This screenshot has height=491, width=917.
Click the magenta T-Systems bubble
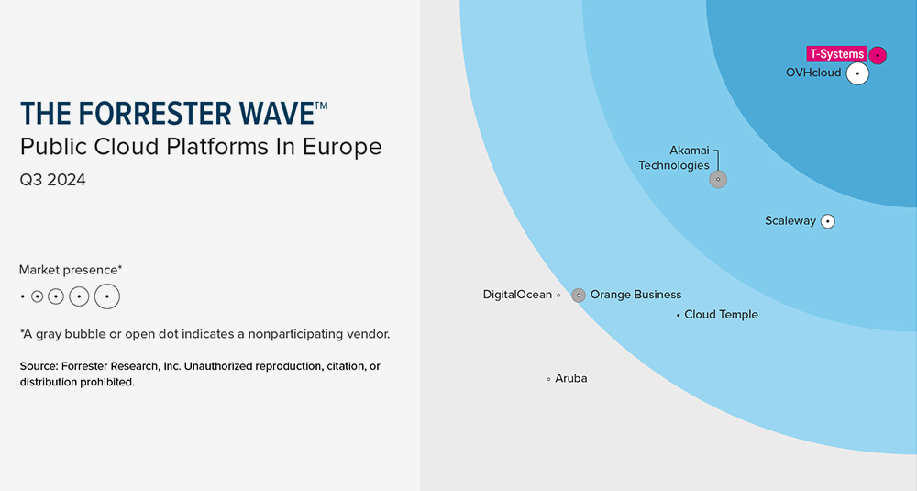[x=878, y=55]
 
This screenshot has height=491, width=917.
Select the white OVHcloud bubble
[x=857, y=73]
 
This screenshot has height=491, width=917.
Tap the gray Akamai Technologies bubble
[x=718, y=179]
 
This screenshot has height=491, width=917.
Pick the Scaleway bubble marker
[x=828, y=221]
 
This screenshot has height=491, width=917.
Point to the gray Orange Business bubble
[x=579, y=296]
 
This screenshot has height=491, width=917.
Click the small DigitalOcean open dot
[x=558, y=296]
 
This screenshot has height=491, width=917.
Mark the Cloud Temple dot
[x=679, y=315]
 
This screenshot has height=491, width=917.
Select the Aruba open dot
[x=548, y=379]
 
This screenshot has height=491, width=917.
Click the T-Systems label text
[x=836, y=54]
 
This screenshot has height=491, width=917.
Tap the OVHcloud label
[x=813, y=73]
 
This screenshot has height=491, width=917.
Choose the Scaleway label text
[x=790, y=221]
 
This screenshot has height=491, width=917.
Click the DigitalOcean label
[x=517, y=295]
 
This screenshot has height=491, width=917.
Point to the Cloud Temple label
[x=722, y=315]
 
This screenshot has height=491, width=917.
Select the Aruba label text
[x=571, y=378]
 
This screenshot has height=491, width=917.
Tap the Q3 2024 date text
[x=52, y=181]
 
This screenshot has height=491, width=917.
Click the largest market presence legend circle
[x=107, y=296]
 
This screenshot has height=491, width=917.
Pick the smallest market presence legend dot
[x=22, y=296]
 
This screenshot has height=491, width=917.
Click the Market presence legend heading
[x=71, y=270]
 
